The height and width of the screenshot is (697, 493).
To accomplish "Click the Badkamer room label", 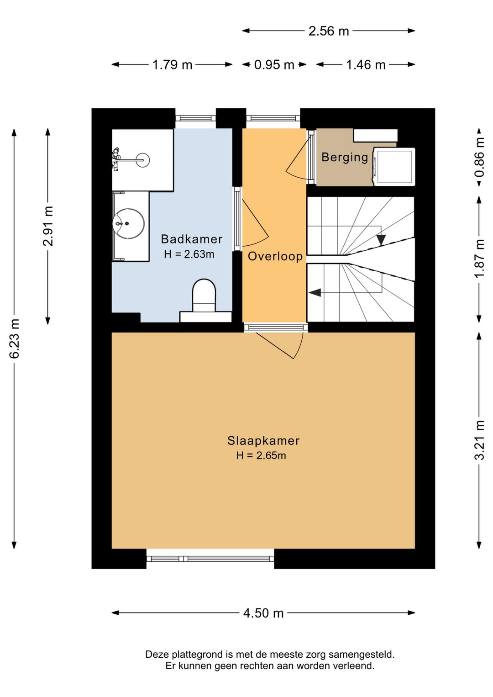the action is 192,239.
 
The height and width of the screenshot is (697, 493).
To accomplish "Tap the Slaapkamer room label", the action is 263,441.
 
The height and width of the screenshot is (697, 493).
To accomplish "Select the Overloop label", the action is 275,256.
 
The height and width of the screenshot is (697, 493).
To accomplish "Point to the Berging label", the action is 345,157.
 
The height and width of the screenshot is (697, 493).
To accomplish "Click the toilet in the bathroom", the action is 204,296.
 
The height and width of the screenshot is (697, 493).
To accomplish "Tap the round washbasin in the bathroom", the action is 128,223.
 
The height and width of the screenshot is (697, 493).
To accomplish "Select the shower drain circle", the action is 144,160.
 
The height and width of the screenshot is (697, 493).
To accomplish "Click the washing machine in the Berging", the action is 394,167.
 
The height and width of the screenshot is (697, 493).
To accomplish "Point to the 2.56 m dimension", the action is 329,31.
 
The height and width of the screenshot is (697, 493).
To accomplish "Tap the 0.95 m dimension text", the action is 274,65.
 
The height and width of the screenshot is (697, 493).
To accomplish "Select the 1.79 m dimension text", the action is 172,65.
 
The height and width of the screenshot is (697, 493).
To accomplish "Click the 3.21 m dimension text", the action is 480,440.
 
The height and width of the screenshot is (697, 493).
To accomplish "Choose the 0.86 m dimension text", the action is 480,157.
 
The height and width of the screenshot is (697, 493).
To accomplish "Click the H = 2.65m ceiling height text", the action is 261,455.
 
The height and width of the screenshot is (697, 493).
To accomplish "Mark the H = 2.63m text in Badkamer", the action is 189,254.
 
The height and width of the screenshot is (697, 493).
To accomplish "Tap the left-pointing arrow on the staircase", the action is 315,292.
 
